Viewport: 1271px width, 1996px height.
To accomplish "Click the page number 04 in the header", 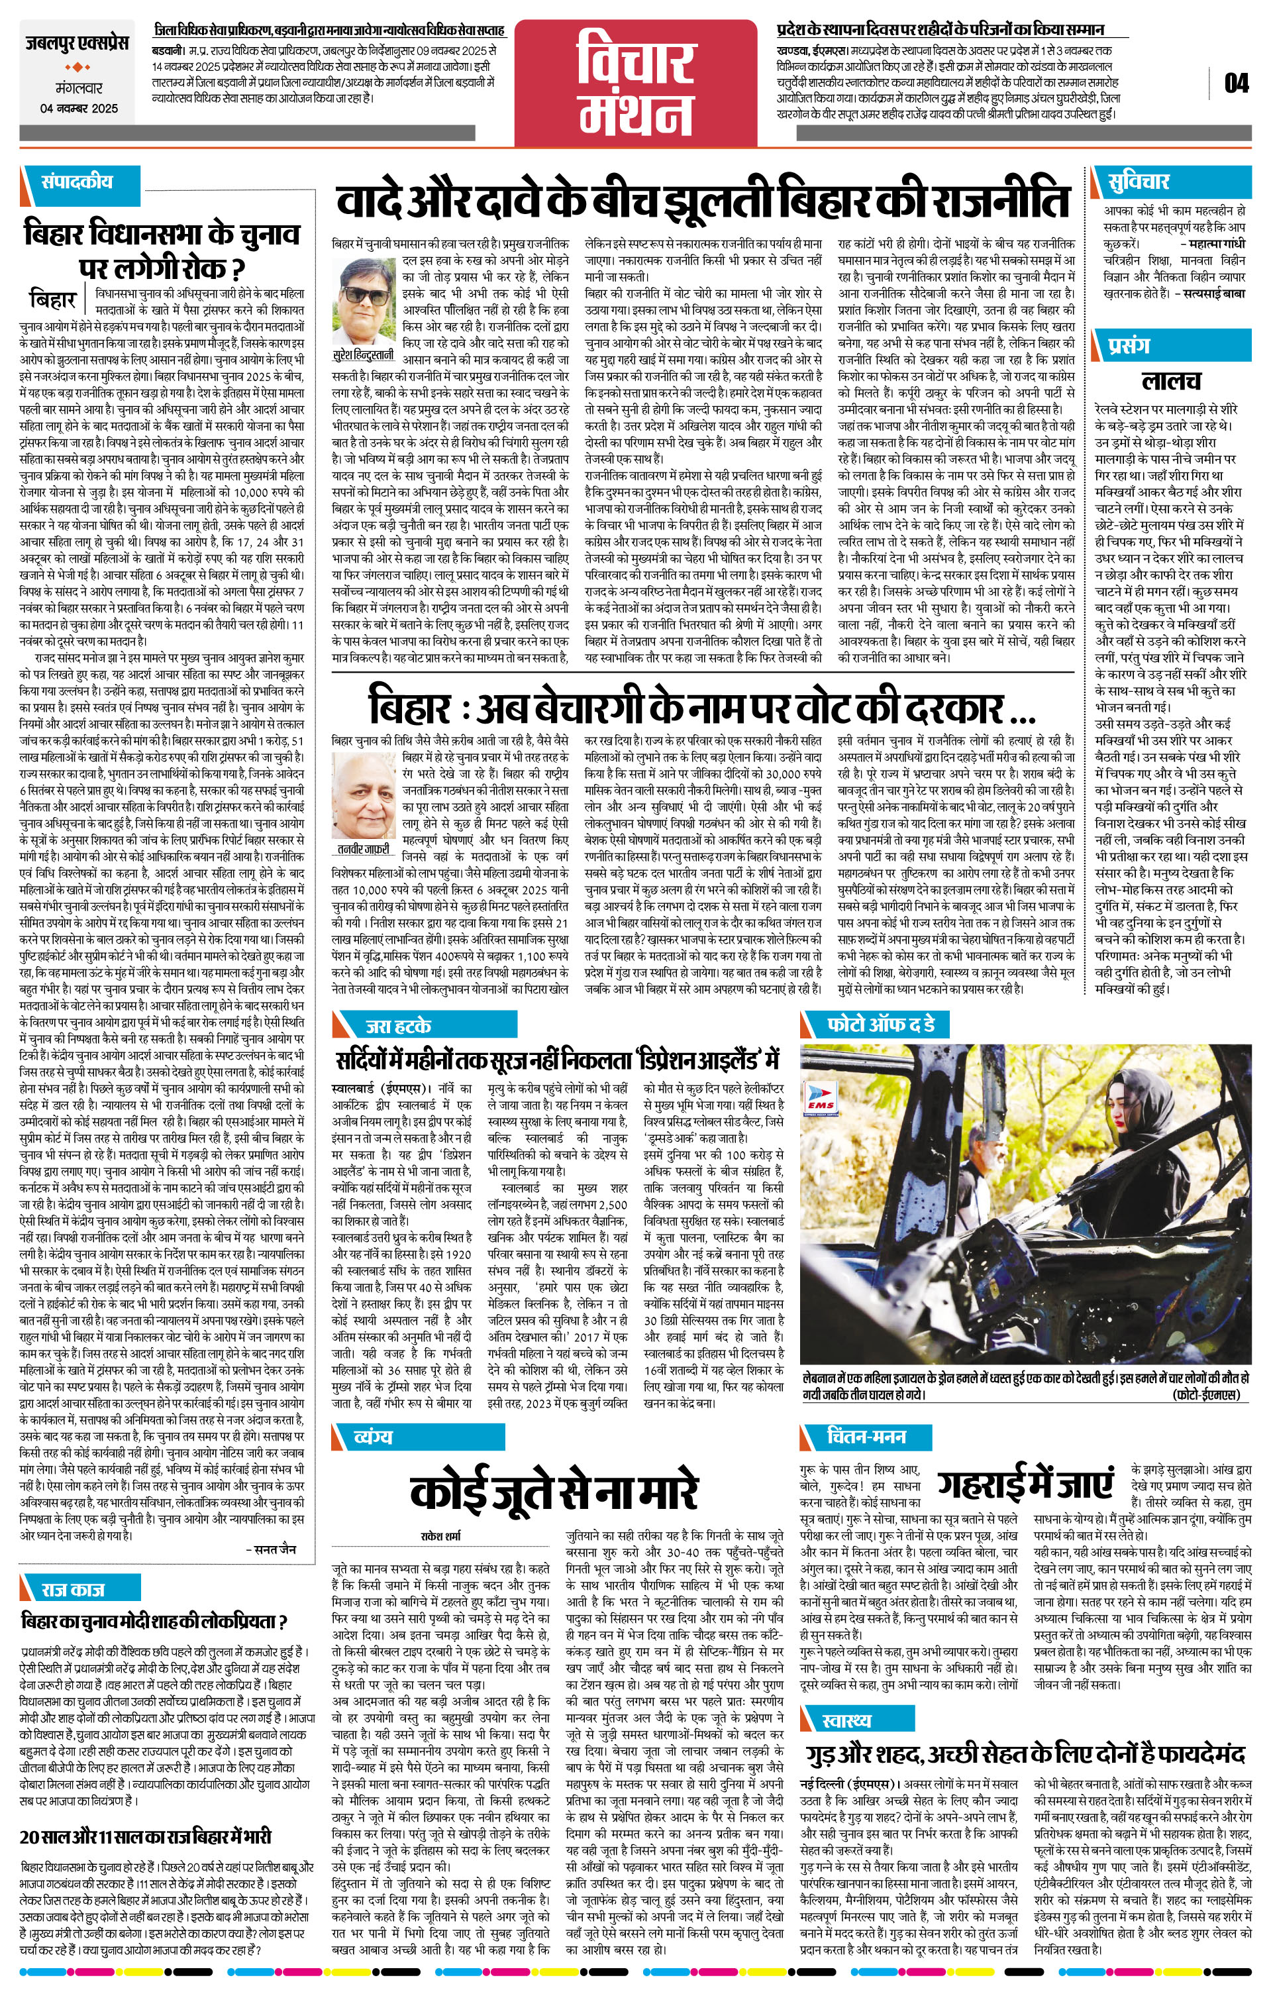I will [x=1235, y=83].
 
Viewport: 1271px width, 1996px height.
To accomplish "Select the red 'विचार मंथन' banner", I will [x=637, y=82].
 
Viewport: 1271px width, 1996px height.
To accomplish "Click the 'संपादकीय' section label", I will [x=78, y=182].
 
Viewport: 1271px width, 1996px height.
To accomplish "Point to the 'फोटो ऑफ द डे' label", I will [x=882, y=1025].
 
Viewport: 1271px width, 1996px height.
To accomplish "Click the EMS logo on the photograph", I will [x=823, y=1099].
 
